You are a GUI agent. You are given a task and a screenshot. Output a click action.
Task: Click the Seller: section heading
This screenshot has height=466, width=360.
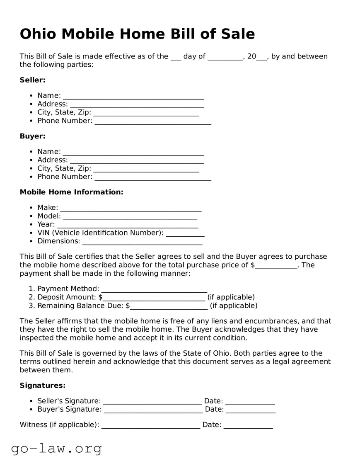click(x=32, y=80)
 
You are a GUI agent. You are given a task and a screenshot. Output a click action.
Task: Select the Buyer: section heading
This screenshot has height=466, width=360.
click(x=32, y=136)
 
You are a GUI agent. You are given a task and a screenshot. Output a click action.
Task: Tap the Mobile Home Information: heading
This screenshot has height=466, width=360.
click(x=71, y=192)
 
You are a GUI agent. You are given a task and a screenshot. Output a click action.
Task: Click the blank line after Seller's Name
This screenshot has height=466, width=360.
click(x=133, y=97)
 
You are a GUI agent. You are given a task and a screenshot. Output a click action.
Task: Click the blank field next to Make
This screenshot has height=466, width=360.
click(x=130, y=209)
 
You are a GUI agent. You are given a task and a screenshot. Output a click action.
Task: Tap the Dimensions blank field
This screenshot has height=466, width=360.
click(x=142, y=242)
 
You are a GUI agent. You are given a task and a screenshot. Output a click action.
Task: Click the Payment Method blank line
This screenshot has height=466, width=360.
click(x=154, y=290)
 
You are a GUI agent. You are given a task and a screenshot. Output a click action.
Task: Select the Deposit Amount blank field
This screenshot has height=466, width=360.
click(x=154, y=298)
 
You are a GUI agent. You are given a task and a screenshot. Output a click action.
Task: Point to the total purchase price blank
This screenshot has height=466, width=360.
click(x=276, y=266)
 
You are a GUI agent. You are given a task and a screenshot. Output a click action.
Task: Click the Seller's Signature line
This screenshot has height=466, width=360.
click(x=152, y=402)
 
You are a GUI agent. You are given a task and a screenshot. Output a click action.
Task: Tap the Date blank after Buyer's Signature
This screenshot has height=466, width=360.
click(x=251, y=410)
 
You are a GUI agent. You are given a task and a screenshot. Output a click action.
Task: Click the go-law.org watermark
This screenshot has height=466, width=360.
click(x=56, y=448)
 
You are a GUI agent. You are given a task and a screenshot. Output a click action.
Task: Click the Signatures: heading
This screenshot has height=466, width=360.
click(x=43, y=386)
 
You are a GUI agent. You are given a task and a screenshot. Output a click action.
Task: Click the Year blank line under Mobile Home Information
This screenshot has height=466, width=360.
click(x=127, y=226)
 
